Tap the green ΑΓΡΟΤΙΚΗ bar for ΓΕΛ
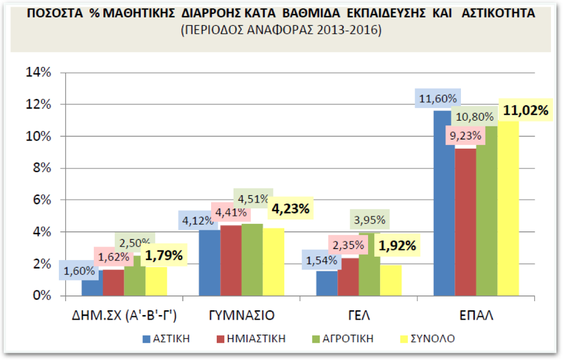(x=369, y=265)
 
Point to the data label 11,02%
(x=525, y=110)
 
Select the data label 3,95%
(x=369, y=219)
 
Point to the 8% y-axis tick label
(x=42, y=168)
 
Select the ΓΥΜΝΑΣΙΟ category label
(x=242, y=316)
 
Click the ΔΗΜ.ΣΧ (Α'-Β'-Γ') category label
(x=125, y=316)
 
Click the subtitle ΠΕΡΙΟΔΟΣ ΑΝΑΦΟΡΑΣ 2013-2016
(x=281, y=30)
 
